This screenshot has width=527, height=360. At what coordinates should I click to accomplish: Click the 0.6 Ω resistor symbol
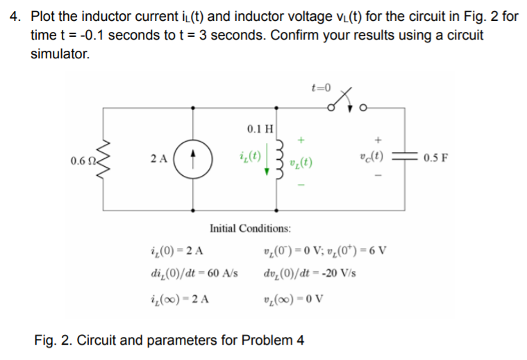pos(106,158)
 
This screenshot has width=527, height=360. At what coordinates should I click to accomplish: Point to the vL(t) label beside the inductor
pos(301,165)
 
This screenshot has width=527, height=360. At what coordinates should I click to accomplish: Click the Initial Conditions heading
pos(250,228)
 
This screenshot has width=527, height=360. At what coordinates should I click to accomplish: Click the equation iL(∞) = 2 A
pos(181,300)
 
